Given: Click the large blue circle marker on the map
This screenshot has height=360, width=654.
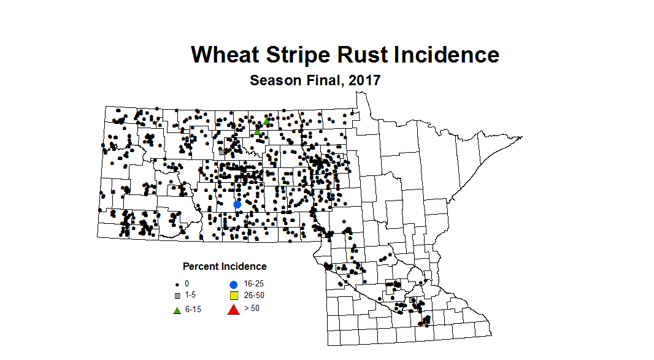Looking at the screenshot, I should (x=237, y=204).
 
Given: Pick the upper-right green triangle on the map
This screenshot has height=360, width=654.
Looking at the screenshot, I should (x=267, y=122).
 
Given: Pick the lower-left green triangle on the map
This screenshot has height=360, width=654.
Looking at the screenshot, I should (x=258, y=131).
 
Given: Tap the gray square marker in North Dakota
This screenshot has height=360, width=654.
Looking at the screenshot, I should (x=221, y=152).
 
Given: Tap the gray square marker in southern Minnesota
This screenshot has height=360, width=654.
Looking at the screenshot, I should (x=411, y=300).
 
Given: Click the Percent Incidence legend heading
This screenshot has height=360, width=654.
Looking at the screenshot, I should (x=225, y=267).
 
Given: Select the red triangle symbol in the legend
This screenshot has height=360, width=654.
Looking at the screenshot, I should (x=233, y=310).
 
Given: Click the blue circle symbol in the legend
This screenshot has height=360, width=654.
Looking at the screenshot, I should (x=233, y=285).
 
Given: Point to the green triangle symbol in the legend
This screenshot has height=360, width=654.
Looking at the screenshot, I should (x=177, y=310).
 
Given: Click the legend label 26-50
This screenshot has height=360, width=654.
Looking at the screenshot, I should (x=254, y=296).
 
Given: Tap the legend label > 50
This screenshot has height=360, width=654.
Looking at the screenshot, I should (x=252, y=308).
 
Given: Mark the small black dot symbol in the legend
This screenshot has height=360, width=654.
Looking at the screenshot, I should (x=177, y=285).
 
